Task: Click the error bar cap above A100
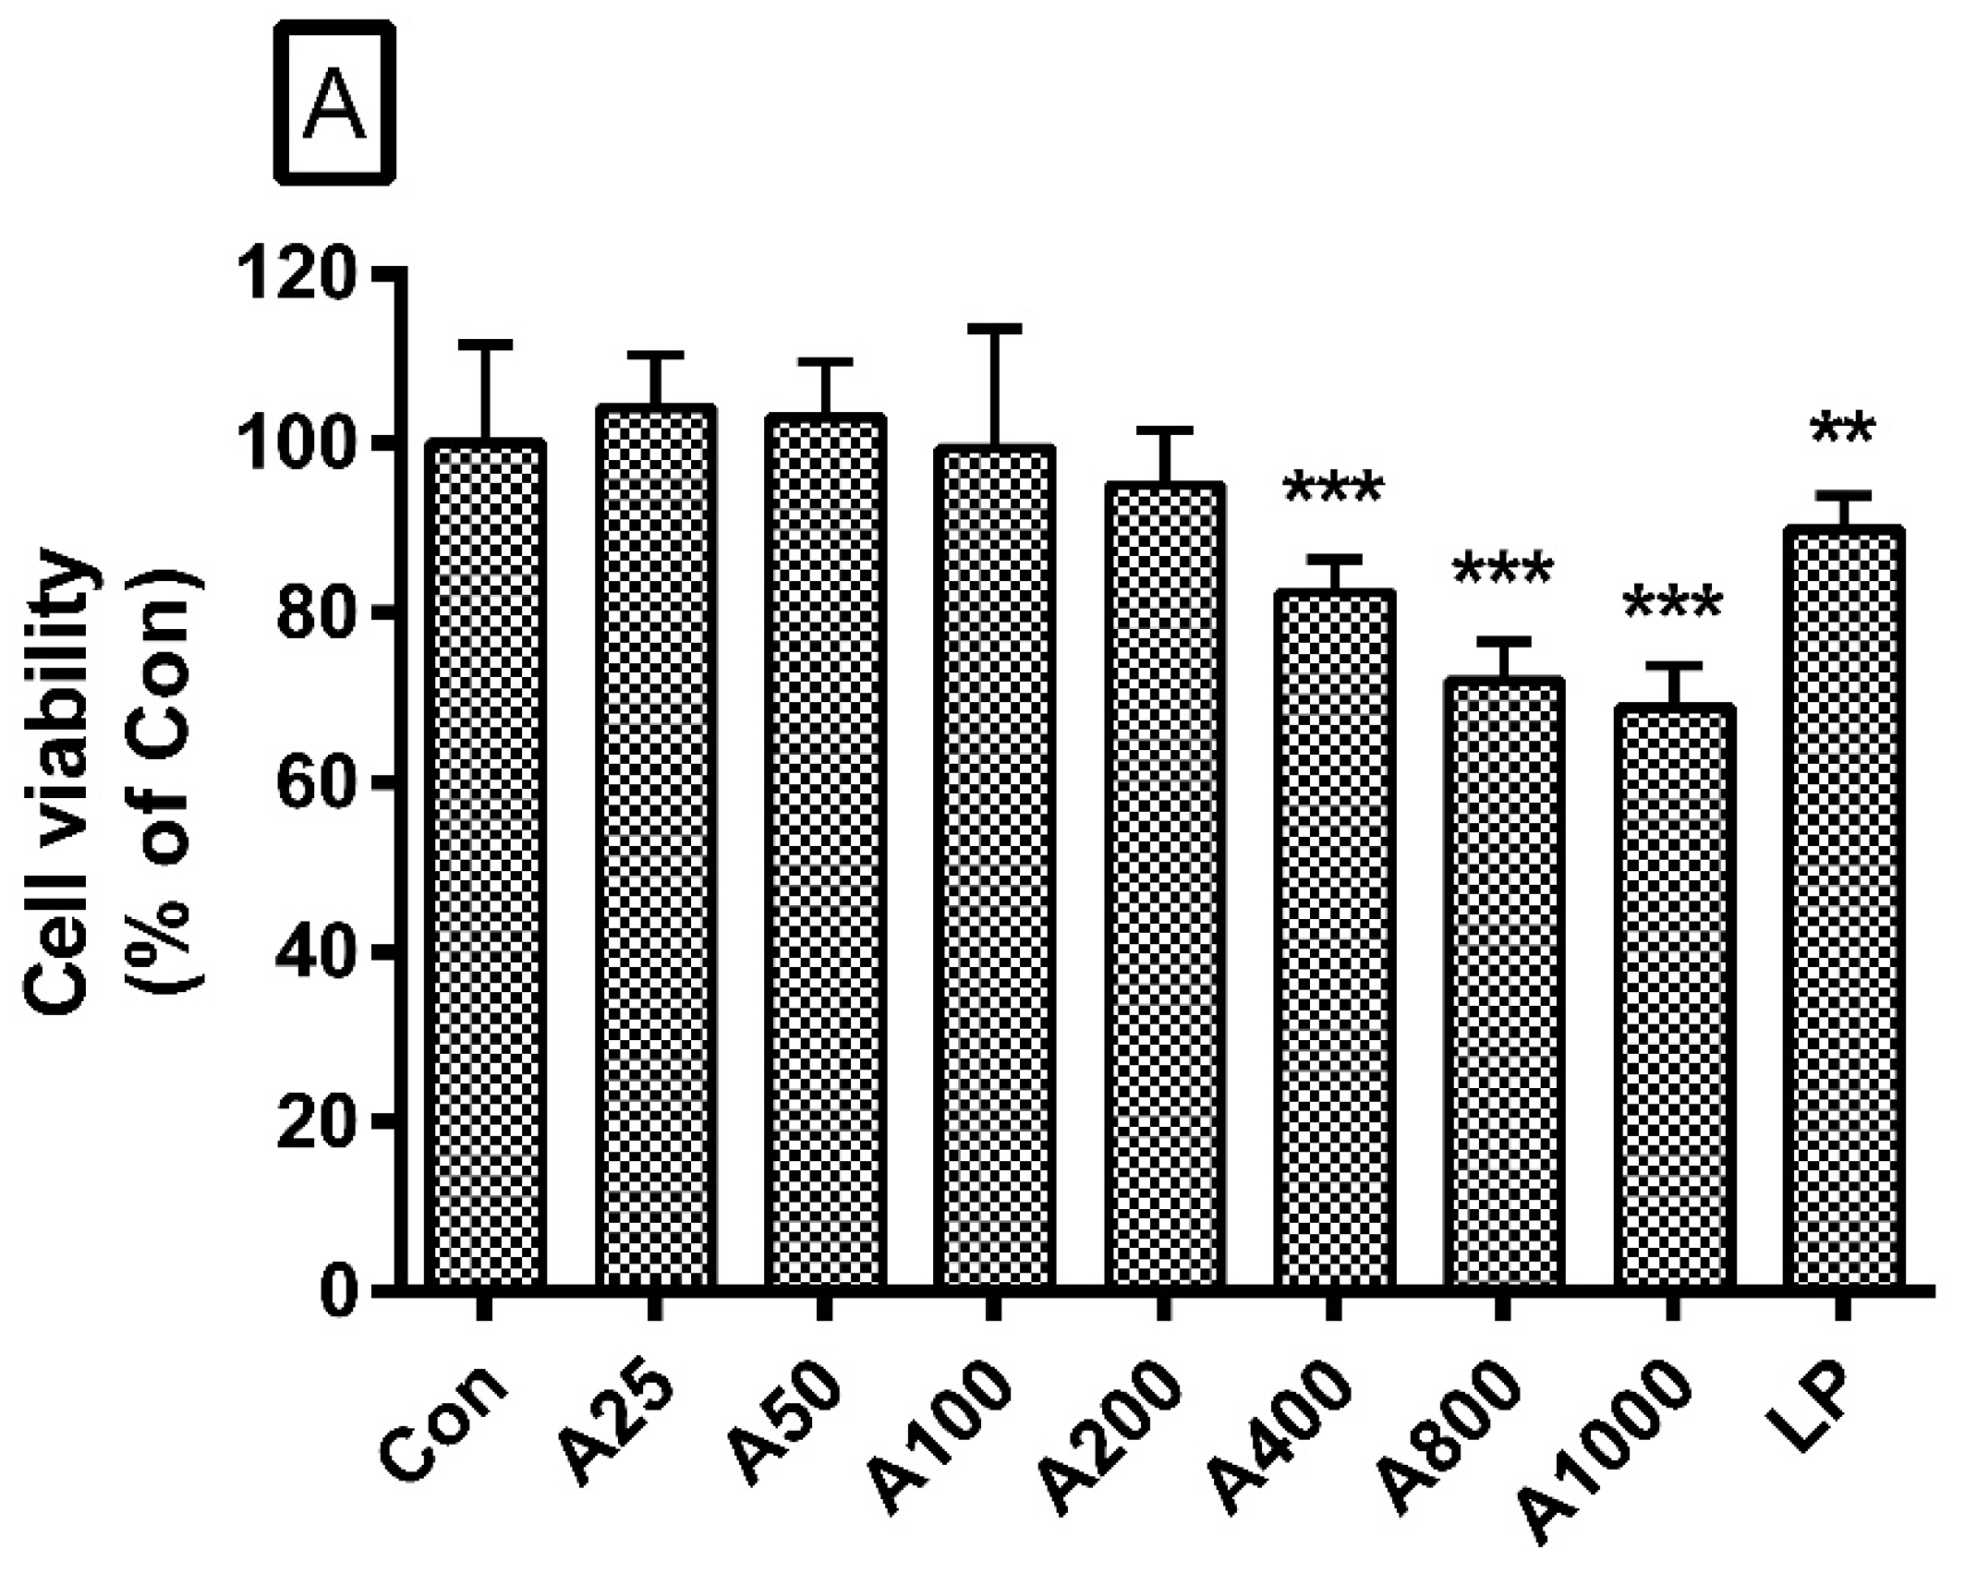pyautogui.click(x=994, y=328)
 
